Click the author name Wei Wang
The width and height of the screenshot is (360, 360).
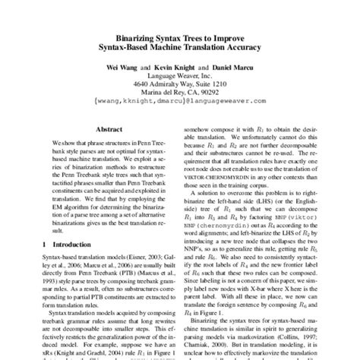(x=123, y=65)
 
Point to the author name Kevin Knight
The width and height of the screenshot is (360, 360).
(x=173, y=65)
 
